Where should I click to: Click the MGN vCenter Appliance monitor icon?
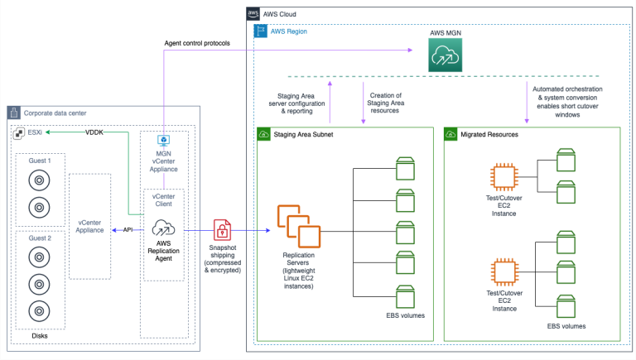163,142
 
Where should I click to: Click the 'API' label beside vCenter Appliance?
128,231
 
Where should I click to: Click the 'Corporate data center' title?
55,113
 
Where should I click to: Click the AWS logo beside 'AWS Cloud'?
253,14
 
